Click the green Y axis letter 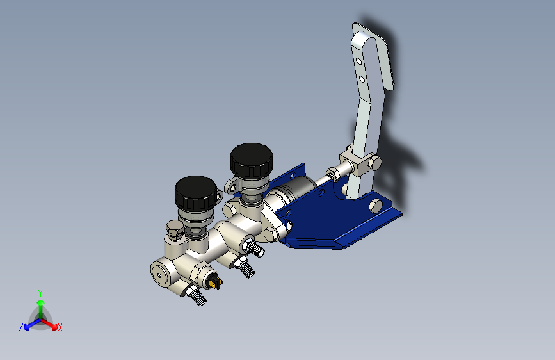[x=40, y=293]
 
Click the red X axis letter [x=60, y=328]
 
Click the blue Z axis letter [x=21, y=327]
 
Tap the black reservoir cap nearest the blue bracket [x=252, y=160]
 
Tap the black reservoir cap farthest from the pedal [x=196, y=193]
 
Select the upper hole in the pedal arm [x=358, y=61]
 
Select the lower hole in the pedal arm [x=362, y=79]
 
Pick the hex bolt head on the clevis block [x=374, y=163]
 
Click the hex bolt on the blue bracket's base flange [x=376, y=206]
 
